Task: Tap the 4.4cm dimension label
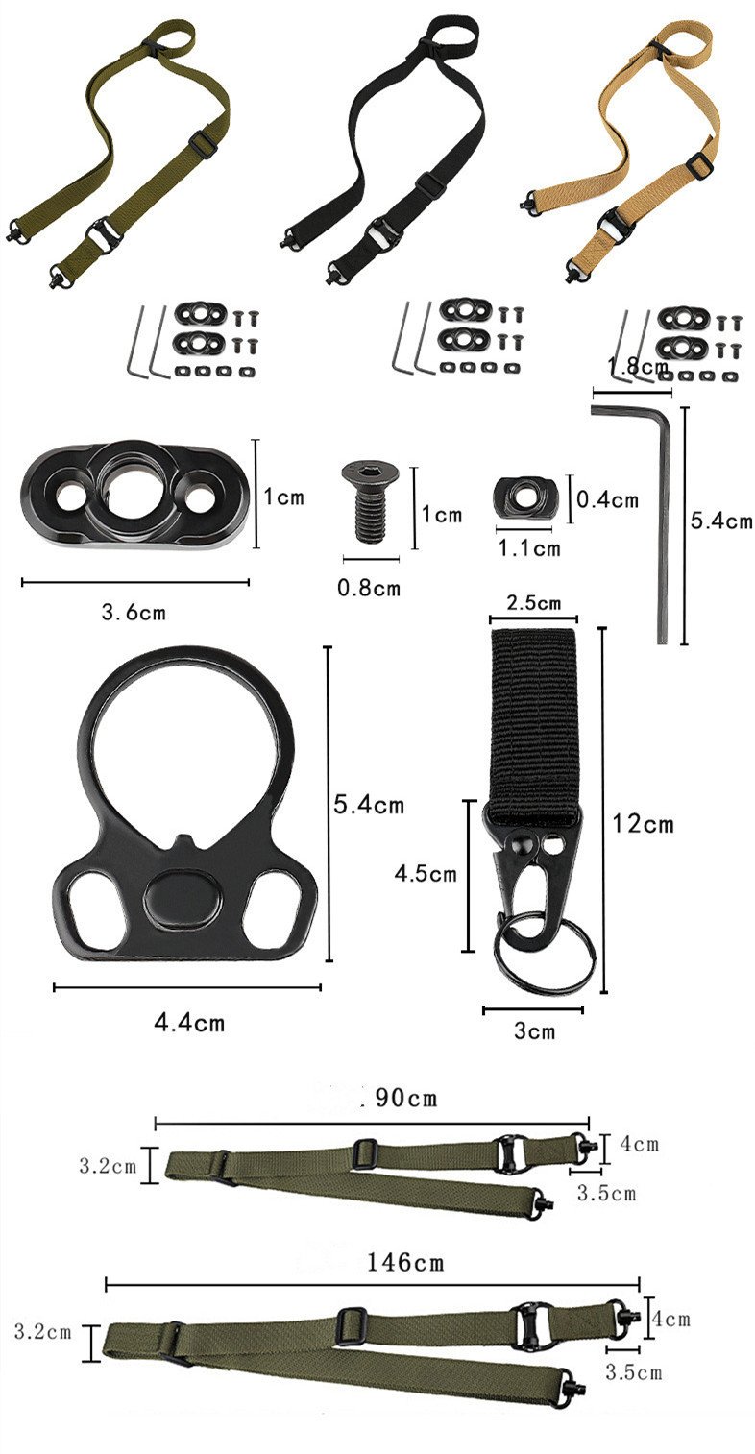tap(190, 1023)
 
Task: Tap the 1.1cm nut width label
tap(528, 548)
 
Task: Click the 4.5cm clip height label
tap(426, 874)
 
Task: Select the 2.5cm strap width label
tap(533, 603)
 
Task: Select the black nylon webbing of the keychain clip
tap(533, 720)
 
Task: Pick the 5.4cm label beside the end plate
tap(369, 804)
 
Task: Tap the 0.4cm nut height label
tap(607, 499)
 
